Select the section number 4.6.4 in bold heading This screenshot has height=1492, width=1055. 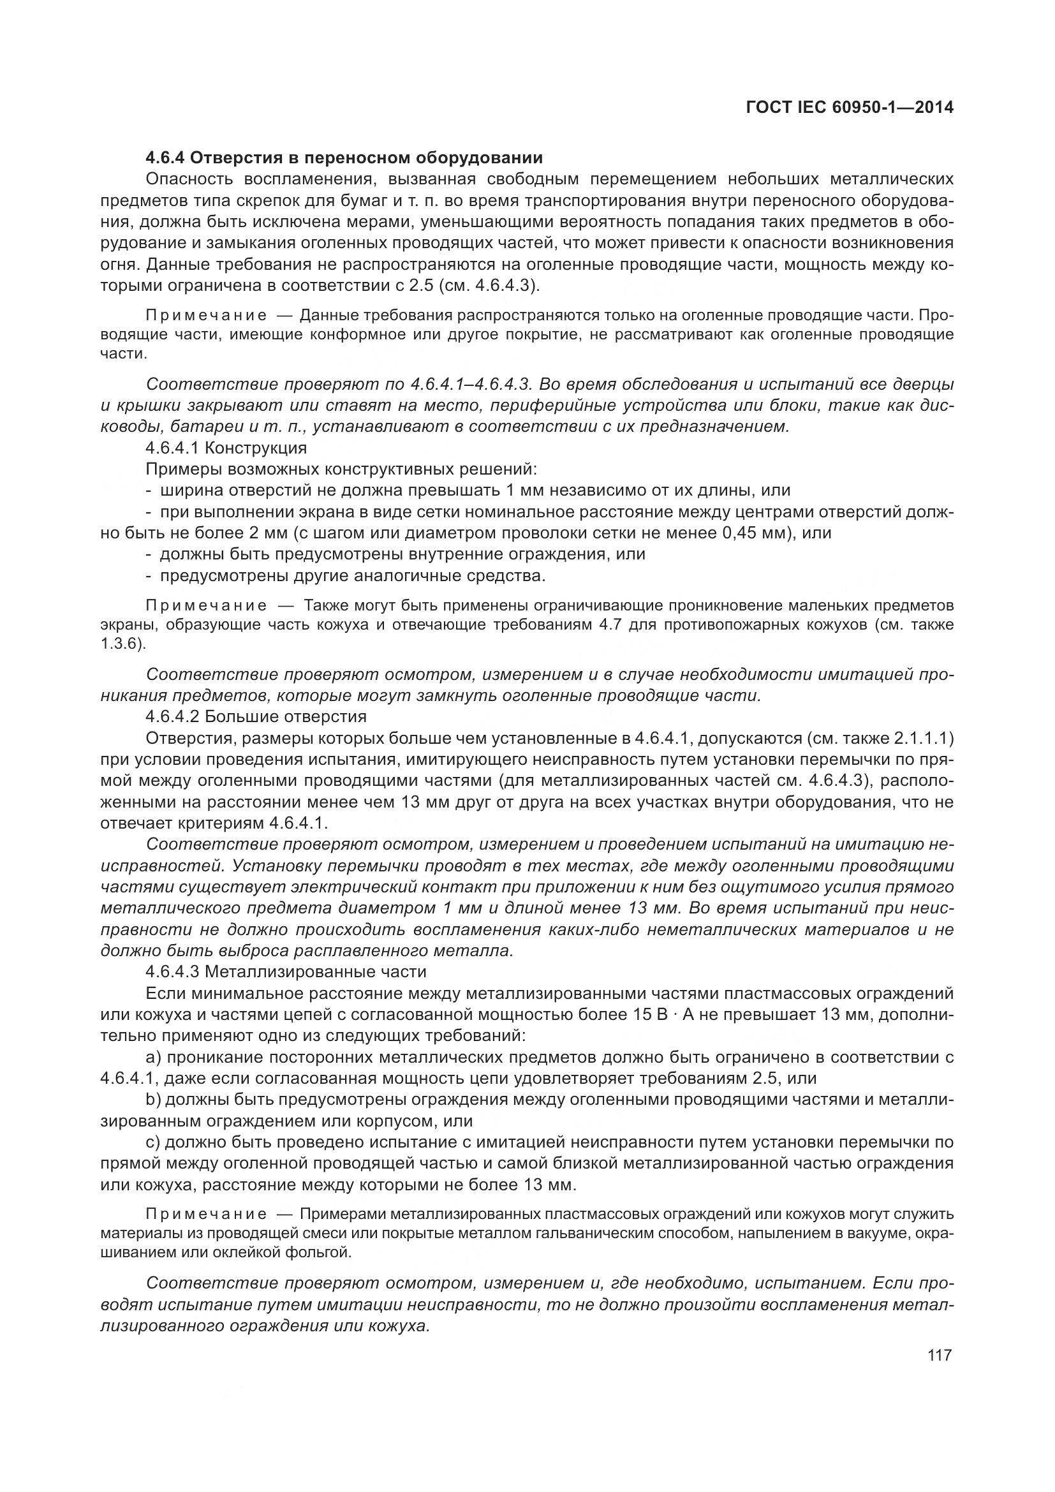point(166,158)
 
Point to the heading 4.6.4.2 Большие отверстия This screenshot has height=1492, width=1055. point(256,716)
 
